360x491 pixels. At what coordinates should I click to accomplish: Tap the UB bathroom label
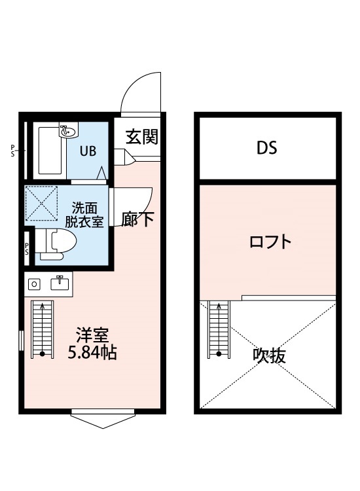[88, 151]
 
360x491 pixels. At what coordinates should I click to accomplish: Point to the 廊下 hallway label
[137, 219]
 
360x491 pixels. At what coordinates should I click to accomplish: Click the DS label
[266, 148]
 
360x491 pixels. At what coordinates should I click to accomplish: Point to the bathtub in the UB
[50, 152]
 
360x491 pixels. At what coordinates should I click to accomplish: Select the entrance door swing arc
[140, 92]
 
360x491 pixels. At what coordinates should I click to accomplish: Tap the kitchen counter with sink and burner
[49, 284]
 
